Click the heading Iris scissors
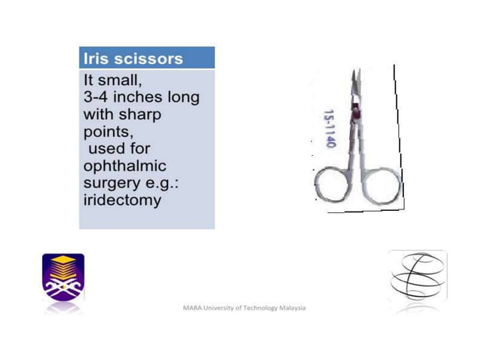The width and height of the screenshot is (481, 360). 132,59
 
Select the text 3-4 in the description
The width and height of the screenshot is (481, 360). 98,98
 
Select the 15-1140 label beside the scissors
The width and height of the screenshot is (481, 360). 329,130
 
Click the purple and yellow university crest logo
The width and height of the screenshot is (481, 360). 63,276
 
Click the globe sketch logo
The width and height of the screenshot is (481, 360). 417,276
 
